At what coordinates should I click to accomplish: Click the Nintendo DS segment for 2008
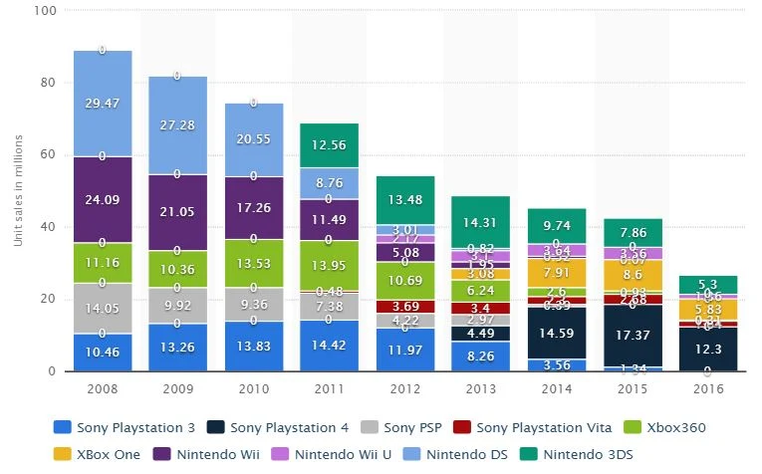(x=103, y=104)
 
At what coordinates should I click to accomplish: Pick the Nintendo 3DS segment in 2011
(x=330, y=145)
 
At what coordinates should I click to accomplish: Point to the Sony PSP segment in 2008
(x=103, y=308)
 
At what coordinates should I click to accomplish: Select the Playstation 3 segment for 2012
(x=405, y=350)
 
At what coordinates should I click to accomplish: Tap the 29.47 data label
(x=103, y=104)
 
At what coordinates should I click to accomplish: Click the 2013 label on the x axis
(x=481, y=389)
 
